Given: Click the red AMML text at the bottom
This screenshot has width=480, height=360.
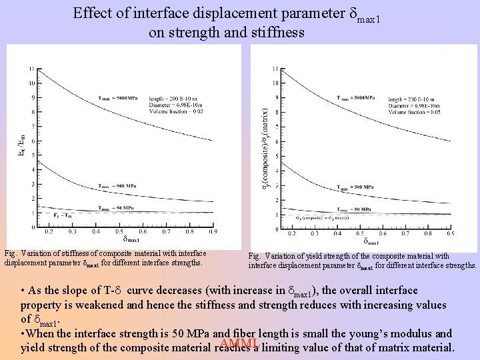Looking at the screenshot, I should [x=239, y=344].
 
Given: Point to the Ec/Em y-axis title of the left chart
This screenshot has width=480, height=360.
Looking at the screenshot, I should [x=20, y=145].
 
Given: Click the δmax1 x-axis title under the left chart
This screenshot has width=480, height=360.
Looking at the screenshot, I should [x=131, y=239].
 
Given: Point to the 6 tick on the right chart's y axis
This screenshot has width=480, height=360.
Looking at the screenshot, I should [x=276, y=141].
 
